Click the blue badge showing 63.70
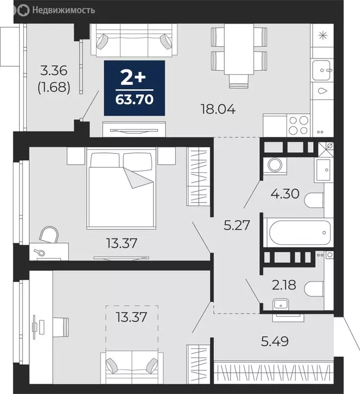(x=134, y=88)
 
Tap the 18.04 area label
(x=218, y=109)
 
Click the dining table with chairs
(x=239, y=51)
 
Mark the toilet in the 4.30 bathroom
(x=314, y=201)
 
